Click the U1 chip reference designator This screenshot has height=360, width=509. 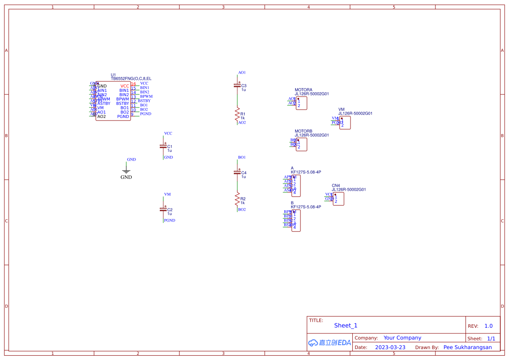[113, 75]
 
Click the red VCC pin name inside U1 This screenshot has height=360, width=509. [125, 86]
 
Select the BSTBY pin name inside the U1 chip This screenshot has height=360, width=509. [122, 104]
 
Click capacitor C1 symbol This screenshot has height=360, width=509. [164, 147]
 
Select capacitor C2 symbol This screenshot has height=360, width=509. [164, 210]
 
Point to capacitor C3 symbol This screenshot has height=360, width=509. [238, 86]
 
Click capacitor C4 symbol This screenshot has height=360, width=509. [238, 173]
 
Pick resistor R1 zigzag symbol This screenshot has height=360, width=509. [238, 114]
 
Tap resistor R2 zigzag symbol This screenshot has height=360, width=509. [238, 199]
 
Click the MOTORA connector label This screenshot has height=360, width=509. [303, 90]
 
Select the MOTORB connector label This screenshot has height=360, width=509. [303, 131]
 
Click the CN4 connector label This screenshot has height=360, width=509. [336, 185]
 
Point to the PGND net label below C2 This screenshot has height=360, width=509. [169, 220]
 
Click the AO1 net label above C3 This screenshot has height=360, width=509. [242, 72]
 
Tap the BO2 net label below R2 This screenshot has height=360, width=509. [242, 209]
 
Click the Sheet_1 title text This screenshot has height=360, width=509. [346, 326]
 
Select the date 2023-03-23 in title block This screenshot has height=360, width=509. [390, 347]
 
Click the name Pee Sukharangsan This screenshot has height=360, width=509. [468, 347]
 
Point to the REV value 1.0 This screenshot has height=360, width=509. [489, 326]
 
